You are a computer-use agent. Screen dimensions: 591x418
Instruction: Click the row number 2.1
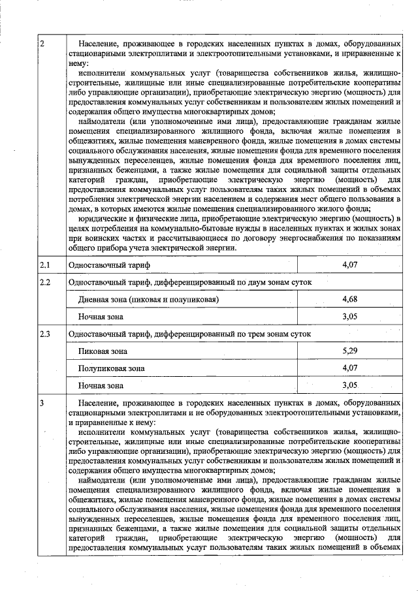click(45, 265)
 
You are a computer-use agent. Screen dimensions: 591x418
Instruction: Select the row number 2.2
click(45, 282)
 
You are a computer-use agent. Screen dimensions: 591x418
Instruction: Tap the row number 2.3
click(45, 334)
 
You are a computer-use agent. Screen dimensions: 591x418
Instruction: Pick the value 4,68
click(351, 299)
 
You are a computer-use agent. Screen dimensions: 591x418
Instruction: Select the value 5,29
click(351, 351)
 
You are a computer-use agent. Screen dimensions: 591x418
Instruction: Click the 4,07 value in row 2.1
click(351, 265)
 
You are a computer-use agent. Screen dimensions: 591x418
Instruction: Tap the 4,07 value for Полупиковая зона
click(351, 368)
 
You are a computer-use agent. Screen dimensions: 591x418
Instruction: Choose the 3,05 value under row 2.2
click(351, 317)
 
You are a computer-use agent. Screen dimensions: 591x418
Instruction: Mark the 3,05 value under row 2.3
click(351, 386)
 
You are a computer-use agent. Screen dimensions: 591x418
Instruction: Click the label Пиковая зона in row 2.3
click(103, 351)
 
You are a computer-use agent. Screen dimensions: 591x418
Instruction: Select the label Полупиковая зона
click(112, 368)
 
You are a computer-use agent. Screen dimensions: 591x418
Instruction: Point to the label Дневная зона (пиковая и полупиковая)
click(148, 300)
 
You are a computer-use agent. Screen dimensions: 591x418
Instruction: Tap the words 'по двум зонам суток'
click(274, 282)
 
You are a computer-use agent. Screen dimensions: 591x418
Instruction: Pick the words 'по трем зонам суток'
click(274, 334)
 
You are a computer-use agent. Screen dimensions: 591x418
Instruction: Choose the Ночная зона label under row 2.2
click(101, 317)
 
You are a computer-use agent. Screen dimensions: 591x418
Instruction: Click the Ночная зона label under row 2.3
click(101, 386)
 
